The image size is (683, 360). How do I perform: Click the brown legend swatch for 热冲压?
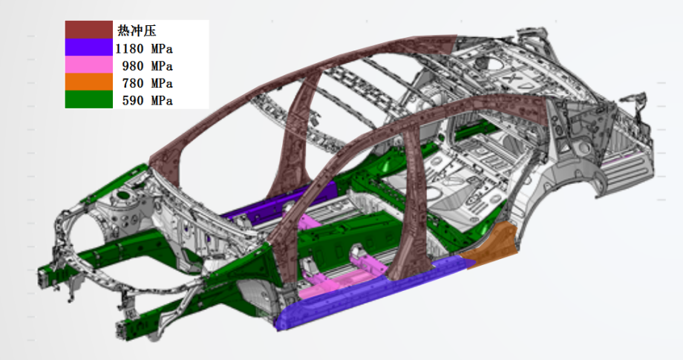[x=89, y=30]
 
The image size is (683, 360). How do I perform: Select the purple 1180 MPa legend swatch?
[x=89, y=48]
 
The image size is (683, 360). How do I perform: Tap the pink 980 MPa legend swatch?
[x=89, y=65]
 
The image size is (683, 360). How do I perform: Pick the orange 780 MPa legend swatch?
[x=89, y=82]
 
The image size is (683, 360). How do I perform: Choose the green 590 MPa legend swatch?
[x=89, y=99]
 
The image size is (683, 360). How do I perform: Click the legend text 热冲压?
[x=137, y=30]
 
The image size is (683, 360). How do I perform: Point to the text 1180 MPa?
[x=144, y=48]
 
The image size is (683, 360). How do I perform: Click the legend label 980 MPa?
[x=148, y=66]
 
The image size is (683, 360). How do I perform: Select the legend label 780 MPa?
[x=148, y=83]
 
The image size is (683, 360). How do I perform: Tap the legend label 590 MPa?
[x=148, y=100]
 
